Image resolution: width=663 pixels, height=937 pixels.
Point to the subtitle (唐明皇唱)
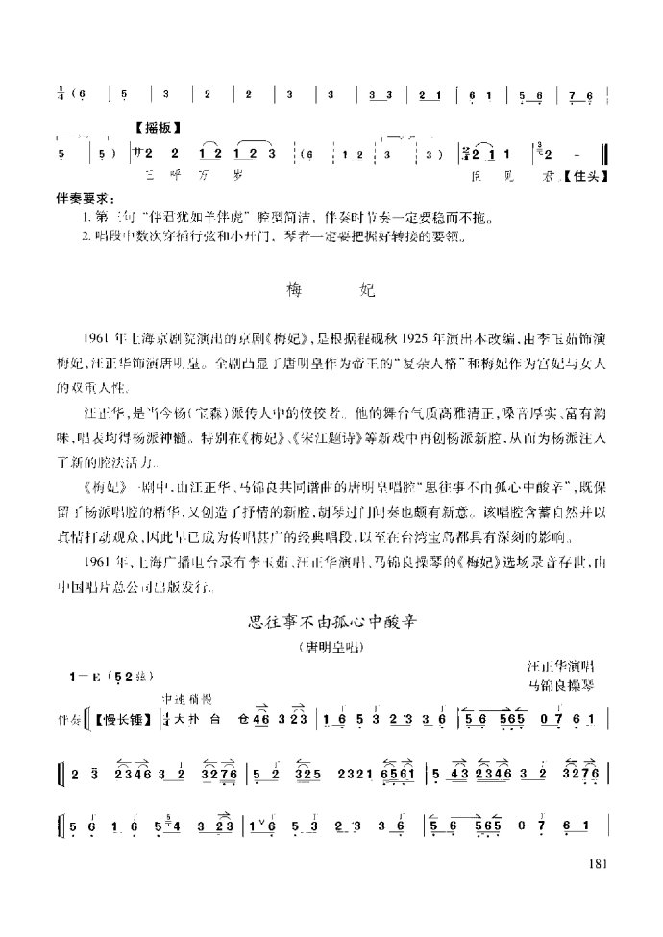click(332, 647)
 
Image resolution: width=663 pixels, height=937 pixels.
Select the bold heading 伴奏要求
click(85, 197)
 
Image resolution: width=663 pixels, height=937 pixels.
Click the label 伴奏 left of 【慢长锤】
click(68, 720)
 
